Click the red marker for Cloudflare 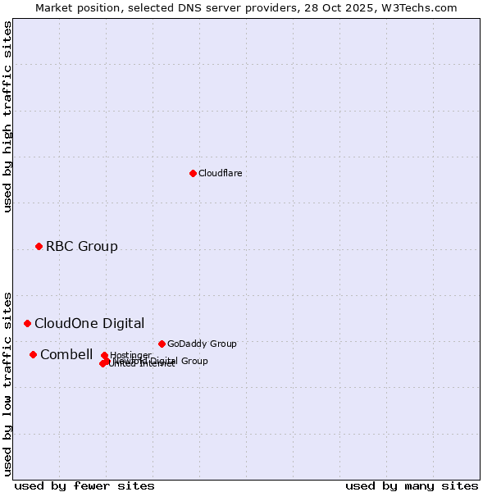(x=193, y=173)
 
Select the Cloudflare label (x=220, y=173)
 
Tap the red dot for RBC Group (x=39, y=246)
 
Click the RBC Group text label (x=81, y=246)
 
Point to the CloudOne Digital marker (x=27, y=323)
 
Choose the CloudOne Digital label (x=89, y=323)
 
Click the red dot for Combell (x=33, y=354)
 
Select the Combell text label (x=66, y=354)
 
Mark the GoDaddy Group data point (x=162, y=344)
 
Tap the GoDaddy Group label (x=201, y=344)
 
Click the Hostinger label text (x=130, y=355)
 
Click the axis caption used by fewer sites (x=84, y=485)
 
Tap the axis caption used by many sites (x=412, y=485)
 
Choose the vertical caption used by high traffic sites (x=7, y=116)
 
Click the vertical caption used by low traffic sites (x=7, y=383)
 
